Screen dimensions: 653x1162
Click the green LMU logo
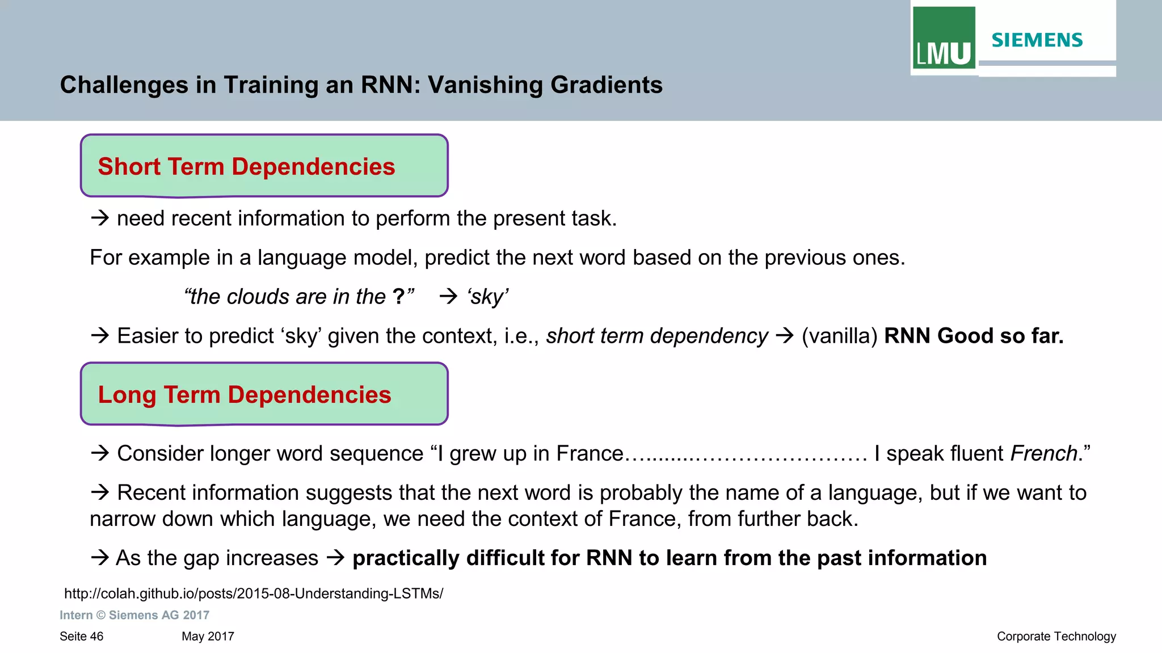point(944,39)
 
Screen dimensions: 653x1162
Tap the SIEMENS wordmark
point(1037,40)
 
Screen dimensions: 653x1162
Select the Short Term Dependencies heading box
point(264,166)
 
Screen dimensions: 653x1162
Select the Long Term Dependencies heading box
point(264,394)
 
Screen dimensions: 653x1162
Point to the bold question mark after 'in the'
point(398,296)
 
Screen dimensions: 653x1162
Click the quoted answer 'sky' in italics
point(488,297)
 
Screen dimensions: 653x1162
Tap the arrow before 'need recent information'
point(100,218)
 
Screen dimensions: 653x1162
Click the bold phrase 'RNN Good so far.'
point(974,336)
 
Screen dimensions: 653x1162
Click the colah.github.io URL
point(254,593)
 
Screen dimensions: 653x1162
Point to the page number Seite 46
point(82,637)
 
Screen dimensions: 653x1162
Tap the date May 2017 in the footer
point(208,637)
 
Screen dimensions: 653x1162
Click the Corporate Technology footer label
point(1056,637)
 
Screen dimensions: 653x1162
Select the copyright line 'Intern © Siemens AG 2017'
point(134,615)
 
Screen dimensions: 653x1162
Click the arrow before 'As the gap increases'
point(100,558)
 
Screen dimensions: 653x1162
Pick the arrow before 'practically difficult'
point(336,558)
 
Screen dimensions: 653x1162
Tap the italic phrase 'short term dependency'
point(657,336)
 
